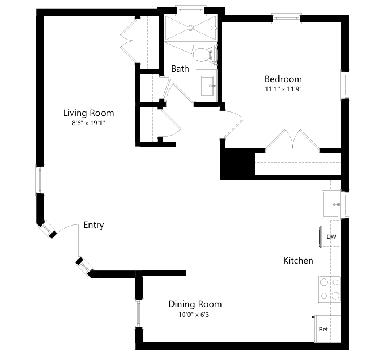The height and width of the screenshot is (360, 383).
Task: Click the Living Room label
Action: tap(88, 113)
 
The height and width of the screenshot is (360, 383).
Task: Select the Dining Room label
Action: tap(195, 304)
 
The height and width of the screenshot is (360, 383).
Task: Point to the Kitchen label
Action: tap(298, 261)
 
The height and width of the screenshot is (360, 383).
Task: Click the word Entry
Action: tap(94, 225)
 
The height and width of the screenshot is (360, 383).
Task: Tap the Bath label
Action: tap(180, 69)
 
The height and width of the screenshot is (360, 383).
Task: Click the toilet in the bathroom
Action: tap(204, 55)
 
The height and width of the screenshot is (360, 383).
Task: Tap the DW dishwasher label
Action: tap(331, 237)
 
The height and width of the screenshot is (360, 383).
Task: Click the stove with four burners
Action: tap(330, 289)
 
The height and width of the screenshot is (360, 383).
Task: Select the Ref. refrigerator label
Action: tap(324, 329)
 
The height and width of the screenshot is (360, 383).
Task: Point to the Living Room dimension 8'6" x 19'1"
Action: tap(88, 123)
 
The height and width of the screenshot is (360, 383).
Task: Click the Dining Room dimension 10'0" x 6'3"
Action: tap(195, 315)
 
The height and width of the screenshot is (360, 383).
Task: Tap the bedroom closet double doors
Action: tap(293, 141)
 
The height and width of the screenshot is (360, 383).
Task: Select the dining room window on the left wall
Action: tap(138, 313)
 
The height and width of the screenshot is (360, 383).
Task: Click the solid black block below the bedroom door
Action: tap(237, 163)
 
